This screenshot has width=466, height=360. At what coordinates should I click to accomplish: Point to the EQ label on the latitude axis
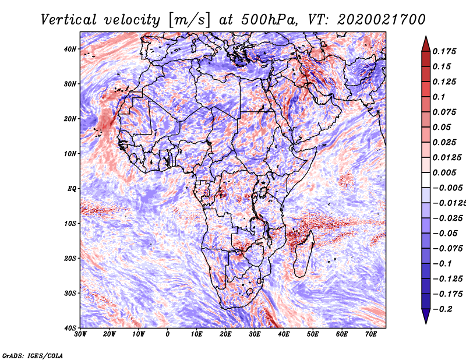click(72, 188)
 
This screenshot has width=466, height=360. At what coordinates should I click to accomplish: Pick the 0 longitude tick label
click(168, 334)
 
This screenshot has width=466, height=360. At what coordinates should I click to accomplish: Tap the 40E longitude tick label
click(284, 334)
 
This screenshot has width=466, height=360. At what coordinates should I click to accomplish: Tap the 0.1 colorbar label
click(438, 97)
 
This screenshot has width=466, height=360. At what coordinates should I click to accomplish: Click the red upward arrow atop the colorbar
click(426, 43)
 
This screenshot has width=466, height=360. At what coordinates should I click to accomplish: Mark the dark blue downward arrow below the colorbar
click(426, 316)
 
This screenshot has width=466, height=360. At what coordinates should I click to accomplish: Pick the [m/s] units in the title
click(188, 20)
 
